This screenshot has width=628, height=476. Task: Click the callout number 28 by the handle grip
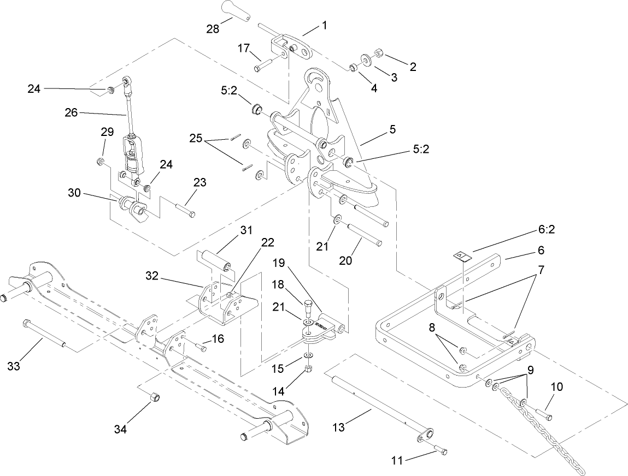pos(213,28)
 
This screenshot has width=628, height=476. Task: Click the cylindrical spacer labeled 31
pos(216,260)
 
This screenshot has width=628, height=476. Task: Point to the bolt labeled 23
pos(183,210)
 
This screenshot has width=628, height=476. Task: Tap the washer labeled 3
pos(365,59)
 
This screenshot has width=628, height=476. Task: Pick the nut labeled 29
pos(101,162)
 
